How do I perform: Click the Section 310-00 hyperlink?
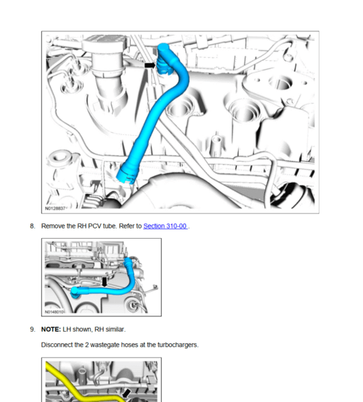[166, 226]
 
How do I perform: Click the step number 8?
[33, 226]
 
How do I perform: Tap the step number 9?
[33, 329]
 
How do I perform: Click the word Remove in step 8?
[54, 226]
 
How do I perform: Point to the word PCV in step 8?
[95, 226]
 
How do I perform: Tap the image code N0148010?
[55, 312]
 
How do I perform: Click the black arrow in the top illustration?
[150, 65]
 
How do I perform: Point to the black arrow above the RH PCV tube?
[105, 280]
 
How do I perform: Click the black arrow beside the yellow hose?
[126, 393]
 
